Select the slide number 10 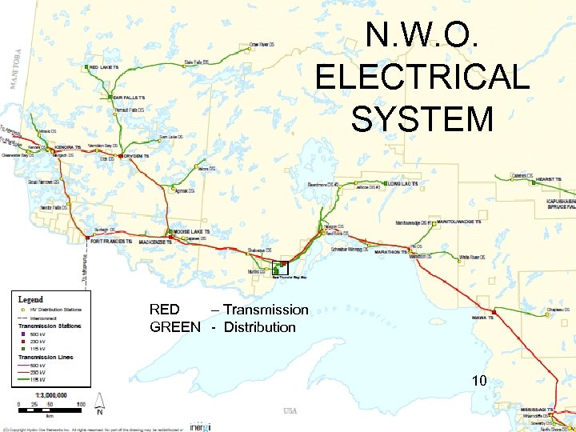479,381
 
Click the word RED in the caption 165,310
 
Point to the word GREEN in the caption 175,327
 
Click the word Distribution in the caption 259,327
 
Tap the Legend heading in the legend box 31,298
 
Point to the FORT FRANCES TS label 112,240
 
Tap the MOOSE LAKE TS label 192,232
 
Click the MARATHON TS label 391,251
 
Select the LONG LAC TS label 403,183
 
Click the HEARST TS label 549,179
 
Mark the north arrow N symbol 99,413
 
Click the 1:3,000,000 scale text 49,394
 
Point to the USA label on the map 290,411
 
